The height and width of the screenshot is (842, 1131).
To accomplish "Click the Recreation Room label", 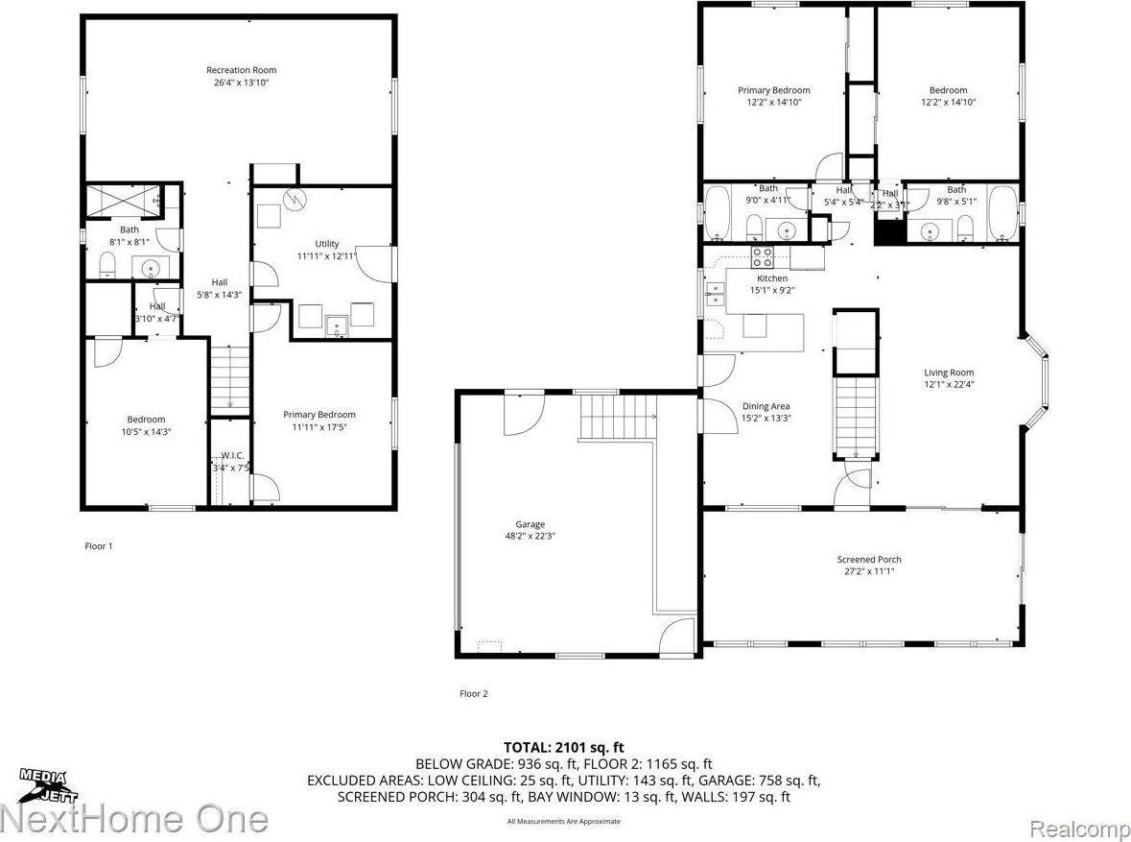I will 241,70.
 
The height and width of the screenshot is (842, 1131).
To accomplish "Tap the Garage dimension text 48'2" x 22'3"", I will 530,537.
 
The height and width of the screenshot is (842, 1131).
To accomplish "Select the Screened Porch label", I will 868,560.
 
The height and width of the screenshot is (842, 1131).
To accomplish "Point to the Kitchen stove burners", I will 762,256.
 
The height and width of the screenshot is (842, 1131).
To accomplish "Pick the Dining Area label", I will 766,406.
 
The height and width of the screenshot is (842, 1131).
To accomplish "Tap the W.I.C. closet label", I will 232,455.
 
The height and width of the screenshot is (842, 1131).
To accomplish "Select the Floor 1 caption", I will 99,546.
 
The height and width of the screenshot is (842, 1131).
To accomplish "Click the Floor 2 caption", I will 474,693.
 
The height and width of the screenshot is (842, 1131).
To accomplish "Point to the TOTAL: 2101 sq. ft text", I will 564,747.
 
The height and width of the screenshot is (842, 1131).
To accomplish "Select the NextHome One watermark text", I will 134,819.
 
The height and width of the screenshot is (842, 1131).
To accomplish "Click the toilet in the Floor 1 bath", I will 107,264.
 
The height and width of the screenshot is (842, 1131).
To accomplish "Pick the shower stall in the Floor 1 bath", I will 121,201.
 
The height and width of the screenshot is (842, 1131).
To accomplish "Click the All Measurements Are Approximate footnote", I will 564,821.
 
